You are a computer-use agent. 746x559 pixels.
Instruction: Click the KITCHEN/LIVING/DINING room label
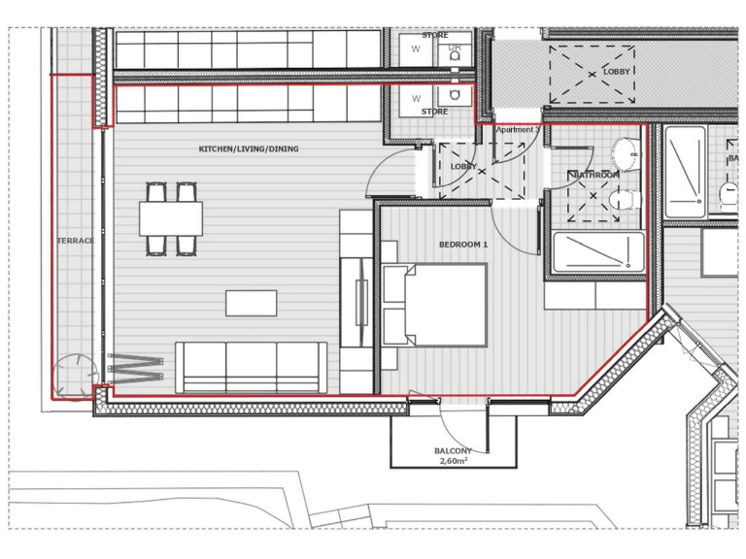point(249,149)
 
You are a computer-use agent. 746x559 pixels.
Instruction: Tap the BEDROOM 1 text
point(463,245)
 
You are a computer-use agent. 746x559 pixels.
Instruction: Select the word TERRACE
point(75,241)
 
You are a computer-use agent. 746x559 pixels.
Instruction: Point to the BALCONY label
point(453,451)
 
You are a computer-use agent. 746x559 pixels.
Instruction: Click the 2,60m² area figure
point(453,463)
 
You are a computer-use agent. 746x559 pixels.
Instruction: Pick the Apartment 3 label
point(517,129)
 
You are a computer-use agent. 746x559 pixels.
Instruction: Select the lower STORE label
point(434,112)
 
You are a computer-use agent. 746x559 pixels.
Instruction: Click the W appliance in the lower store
point(417,98)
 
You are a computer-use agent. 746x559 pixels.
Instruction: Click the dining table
point(171,218)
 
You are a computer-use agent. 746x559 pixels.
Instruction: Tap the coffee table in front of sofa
point(252,303)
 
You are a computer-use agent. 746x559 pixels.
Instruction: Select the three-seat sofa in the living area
point(250,366)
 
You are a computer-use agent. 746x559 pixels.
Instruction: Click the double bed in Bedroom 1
point(435,305)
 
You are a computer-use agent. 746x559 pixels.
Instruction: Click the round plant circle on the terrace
point(75,375)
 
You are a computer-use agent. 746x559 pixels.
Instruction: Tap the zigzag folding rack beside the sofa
point(135,366)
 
